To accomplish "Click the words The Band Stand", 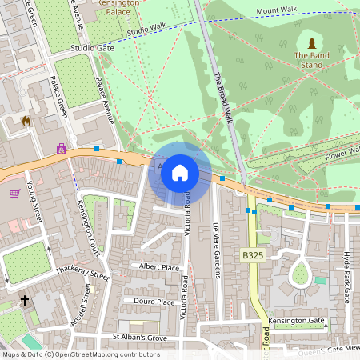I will [310, 60].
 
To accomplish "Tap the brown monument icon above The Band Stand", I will [310, 42].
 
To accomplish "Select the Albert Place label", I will [159, 266].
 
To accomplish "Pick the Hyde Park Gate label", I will [346, 275].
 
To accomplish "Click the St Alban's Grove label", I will [139, 338].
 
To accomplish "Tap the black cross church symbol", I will [25, 302].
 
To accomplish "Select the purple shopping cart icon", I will [14, 193].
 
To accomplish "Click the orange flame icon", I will [26, 122].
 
